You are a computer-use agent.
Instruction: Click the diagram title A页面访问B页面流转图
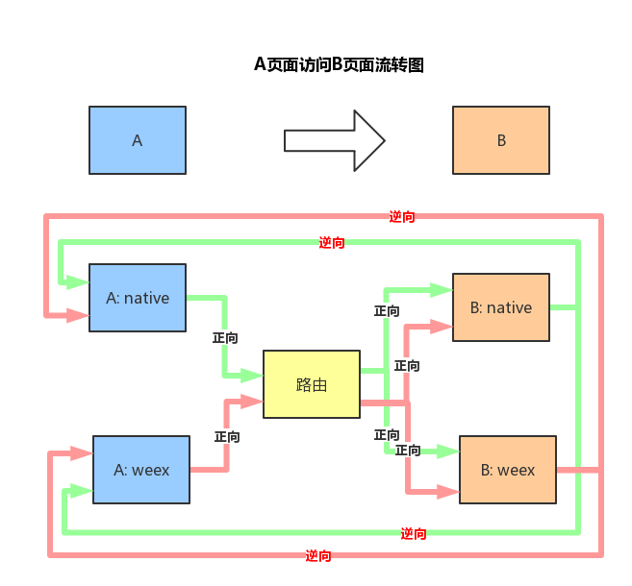coord(339,65)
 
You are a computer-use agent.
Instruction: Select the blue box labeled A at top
coord(138,140)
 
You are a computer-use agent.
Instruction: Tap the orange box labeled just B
coord(501,140)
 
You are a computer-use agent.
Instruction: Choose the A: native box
coord(138,298)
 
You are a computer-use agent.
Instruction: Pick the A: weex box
coord(141,470)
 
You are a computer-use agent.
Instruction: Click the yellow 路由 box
coord(312,384)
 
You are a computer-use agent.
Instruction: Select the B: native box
coord(501,307)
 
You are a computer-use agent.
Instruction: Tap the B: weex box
coord(508,470)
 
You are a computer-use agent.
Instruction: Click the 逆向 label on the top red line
coord(402,217)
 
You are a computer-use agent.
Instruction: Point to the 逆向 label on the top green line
coord(332,243)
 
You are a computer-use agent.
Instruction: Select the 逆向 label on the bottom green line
coord(414,533)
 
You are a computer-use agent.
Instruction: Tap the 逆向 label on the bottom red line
coord(318,555)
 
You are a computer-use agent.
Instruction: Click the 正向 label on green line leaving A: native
coord(225,338)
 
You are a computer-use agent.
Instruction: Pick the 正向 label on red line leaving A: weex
coord(227,436)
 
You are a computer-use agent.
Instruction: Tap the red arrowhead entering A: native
coord(78,314)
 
